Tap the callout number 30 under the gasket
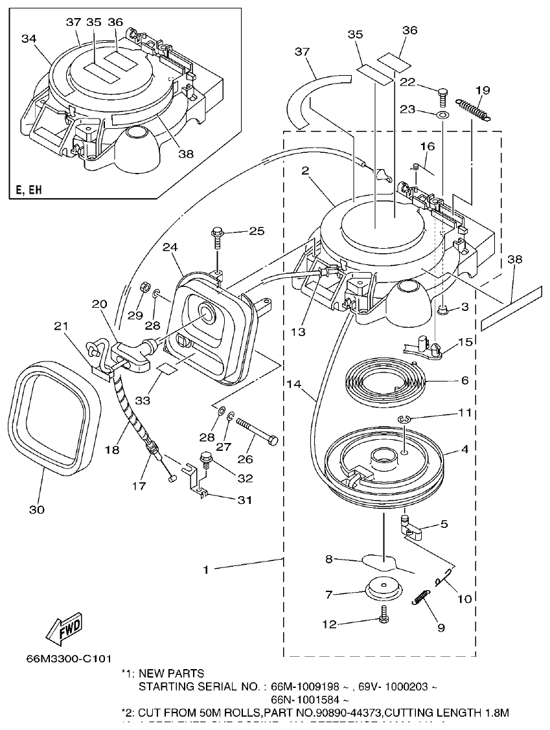[x=37, y=510]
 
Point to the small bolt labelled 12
[x=383, y=615]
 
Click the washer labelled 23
[x=442, y=115]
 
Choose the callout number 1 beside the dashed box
[x=206, y=569]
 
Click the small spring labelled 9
[x=422, y=598]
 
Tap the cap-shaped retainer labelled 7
[x=383, y=589]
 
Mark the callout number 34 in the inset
[x=29, y=40]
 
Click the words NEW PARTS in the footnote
[x=172, y=674]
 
